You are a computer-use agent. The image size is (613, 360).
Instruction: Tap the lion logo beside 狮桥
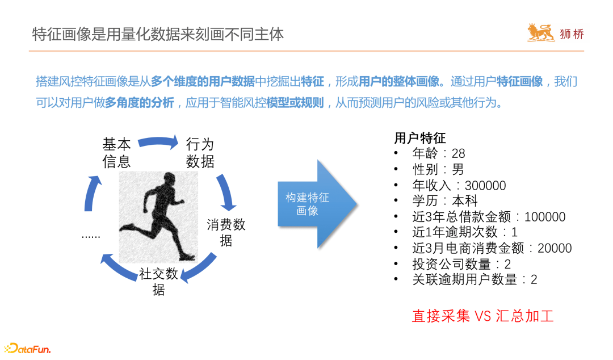540,33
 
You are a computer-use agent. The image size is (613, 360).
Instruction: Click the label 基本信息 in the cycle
117,152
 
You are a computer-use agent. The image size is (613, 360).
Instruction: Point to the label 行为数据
200,152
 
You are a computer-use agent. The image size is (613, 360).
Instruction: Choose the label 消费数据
226,232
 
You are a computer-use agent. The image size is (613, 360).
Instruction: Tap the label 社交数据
159,282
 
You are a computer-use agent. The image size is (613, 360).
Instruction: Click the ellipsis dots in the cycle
91,234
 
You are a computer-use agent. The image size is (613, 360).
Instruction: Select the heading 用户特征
420,138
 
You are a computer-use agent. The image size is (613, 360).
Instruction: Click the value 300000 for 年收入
485,185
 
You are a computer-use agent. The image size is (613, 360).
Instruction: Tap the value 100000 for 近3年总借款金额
545,216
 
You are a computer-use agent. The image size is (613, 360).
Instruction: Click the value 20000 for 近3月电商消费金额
554,248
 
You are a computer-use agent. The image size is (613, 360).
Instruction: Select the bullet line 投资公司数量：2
461,264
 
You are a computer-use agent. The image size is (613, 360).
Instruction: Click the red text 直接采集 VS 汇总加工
482,316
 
